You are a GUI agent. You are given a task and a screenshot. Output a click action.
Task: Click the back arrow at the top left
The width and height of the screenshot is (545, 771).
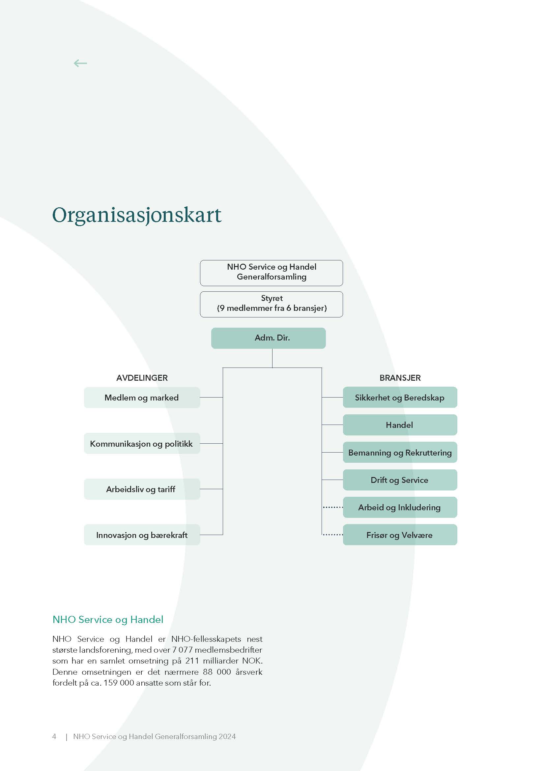point(80,63)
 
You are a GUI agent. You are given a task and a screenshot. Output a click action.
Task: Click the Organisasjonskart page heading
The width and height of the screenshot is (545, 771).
point(137,215)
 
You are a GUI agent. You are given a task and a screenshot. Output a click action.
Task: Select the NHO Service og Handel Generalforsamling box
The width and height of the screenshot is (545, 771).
point(272,273)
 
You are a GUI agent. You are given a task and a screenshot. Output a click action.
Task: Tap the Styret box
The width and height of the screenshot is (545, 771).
point(272,304)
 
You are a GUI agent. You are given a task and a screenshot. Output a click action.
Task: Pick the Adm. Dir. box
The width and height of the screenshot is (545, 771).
point(269,338)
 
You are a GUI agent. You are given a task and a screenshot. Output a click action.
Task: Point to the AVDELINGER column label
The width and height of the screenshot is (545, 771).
point(142,378)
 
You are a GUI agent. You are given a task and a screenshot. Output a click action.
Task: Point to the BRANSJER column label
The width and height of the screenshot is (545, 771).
point(400,378)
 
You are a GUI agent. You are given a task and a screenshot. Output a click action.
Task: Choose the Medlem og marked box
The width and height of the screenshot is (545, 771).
point(142,398)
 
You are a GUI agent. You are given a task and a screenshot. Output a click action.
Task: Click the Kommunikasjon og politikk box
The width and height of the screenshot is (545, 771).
point(142,444)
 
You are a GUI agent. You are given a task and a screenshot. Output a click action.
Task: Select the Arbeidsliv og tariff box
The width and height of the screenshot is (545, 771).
point(142,489)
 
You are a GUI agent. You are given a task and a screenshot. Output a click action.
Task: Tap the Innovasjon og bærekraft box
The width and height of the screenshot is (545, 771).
point(142,535)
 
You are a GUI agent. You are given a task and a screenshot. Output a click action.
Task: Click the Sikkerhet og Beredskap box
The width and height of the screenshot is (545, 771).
point(400,398)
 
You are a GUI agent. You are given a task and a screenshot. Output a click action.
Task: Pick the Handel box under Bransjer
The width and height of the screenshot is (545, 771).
point(400,425)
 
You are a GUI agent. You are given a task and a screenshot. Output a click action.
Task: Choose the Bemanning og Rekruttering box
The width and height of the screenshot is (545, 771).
point(400,453)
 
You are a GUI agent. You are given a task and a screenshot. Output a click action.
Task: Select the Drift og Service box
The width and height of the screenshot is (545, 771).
point(400,480)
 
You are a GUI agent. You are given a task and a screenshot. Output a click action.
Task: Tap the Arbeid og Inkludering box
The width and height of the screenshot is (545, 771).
point(400,507)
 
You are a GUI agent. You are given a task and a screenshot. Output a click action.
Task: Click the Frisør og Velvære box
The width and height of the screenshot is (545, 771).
point(400,535)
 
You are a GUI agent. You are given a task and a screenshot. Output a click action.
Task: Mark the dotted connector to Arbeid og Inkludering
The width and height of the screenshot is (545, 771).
point(333,507)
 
